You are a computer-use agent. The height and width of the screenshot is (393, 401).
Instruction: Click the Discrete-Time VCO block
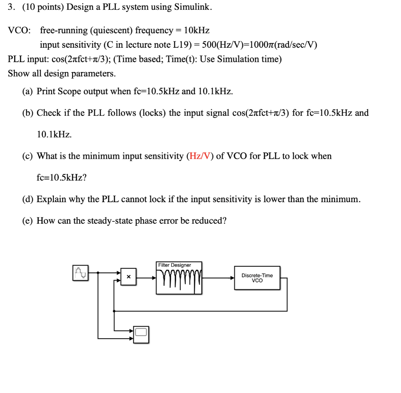pyautogui.click(x=257, y=278)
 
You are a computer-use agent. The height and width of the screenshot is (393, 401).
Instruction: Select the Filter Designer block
pyautogui.click(x=179, y=278)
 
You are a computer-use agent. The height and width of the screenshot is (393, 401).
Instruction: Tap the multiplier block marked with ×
pyautogui.click(x=128, y=277)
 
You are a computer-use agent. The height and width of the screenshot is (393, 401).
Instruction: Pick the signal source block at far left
pyautogui.click(x=80, y=272)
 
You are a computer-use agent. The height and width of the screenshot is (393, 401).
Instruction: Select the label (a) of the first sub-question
pyautogui.click(x=27, y=92)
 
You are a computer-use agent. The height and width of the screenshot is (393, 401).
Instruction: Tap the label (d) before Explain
pyautogui.click(x=27, y=199)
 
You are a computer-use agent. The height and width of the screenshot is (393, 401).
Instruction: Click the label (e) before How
pyautogui.click(x=27, y=221)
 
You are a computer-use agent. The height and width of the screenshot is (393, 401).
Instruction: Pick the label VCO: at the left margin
pyautogui.click(x=18, y=30)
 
